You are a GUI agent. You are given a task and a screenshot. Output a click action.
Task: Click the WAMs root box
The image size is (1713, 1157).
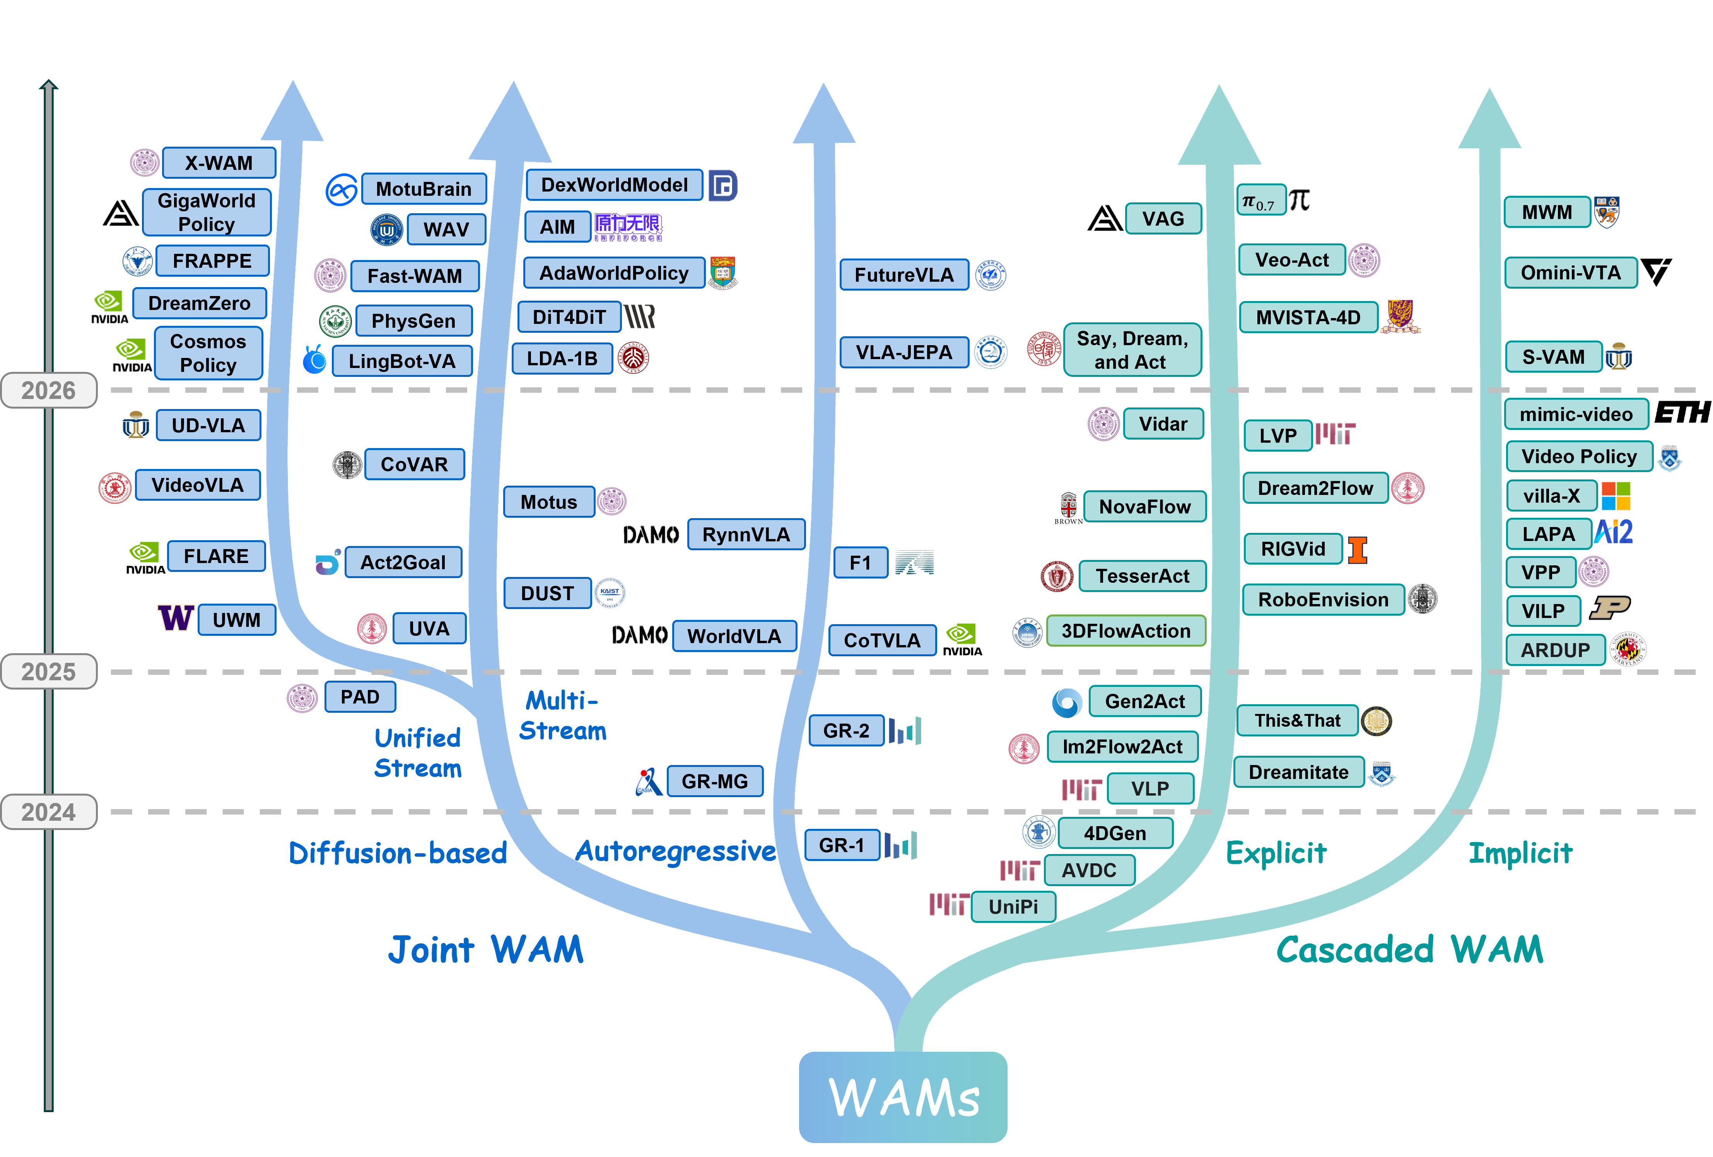click(903, 1097)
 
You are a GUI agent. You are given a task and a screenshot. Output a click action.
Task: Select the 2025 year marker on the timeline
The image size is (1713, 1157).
click(49, 671)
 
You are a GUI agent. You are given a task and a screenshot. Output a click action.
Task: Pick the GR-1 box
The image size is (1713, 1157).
click(842, 845)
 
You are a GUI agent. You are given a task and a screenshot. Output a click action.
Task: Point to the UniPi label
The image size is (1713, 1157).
click(1013, 906)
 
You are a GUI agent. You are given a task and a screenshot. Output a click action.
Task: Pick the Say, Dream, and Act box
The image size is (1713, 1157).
click(1132, 350)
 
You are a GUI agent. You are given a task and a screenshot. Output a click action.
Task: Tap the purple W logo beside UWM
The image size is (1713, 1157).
click(176, 618)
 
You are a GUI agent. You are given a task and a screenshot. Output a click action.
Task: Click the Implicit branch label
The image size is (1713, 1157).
click(1520, 853)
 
